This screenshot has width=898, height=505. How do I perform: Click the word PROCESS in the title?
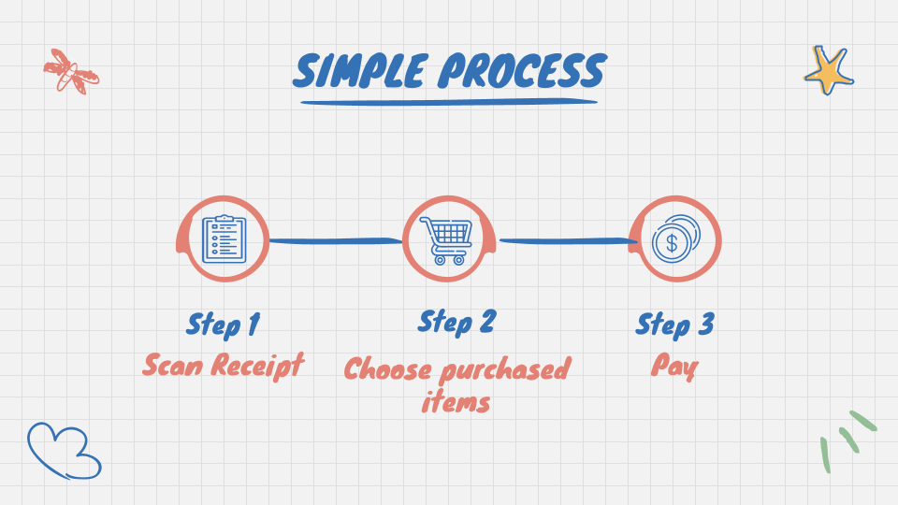[x=523, y=71]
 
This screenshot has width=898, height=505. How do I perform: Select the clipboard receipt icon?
[x=224, y=238]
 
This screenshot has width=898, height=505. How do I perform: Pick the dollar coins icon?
[x=674, y=239]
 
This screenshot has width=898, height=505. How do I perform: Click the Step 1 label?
[x=223, y=325]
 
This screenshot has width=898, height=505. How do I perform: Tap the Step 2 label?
[x=456, y=322]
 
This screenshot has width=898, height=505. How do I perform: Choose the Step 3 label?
[x=674, y=325]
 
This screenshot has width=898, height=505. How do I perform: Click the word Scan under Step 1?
[x=173, y=364]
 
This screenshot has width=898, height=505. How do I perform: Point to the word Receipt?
[x=257, y=365]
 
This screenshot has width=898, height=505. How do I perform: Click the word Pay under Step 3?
[x=673, y=366]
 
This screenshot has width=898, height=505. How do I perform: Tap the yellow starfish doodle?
[x=829, y=70]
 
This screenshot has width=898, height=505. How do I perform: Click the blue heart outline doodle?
[x=63, y=451]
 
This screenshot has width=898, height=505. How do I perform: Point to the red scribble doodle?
[x=70, y=72]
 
